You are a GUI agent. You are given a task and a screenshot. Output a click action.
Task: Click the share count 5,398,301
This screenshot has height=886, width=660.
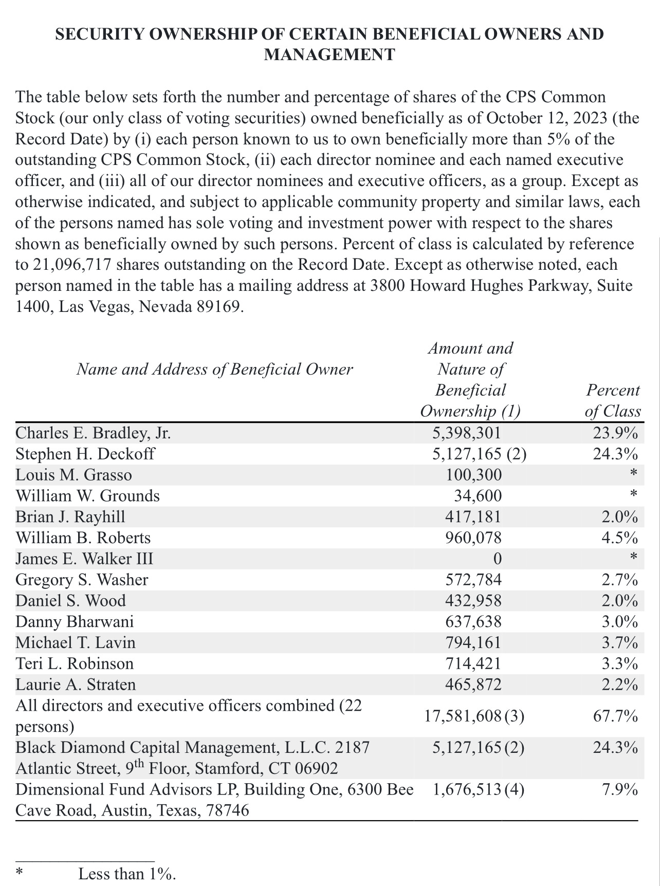(x=466, y=433)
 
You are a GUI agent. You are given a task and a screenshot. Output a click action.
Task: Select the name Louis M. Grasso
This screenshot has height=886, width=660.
(x=74, y=475)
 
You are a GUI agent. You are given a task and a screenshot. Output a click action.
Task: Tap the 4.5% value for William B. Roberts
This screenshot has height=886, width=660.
(x=620, y=538)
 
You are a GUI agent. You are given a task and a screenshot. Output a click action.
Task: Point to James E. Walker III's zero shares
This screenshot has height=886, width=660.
(x=497, y=559)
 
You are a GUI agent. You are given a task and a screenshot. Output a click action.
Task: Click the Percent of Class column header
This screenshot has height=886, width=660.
(x=613, y=400)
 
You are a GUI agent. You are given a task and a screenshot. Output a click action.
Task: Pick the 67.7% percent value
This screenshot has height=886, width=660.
(x=615, y=716)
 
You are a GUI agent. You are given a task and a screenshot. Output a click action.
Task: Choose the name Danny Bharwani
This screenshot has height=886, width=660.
(x=75, y=622)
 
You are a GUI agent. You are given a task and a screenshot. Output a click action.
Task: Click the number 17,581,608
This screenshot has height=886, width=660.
(x=462, y=716)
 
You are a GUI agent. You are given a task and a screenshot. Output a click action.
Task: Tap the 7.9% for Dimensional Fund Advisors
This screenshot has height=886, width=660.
(x=620, y=789)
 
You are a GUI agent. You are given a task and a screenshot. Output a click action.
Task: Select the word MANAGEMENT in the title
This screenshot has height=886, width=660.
(x=329, y=54)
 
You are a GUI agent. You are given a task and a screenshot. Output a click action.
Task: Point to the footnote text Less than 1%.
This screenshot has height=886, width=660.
(x=127, y=874)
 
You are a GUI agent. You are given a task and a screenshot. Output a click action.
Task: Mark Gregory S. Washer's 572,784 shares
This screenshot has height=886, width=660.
(x=473, y=580)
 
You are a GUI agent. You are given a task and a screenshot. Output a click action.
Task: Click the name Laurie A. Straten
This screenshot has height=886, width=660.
(x=76, y=685)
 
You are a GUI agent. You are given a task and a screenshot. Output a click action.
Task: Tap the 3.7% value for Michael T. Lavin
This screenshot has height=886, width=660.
(x=620, y=643)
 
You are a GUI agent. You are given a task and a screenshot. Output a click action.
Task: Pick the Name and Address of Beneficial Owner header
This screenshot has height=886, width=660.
(x=214, y=370)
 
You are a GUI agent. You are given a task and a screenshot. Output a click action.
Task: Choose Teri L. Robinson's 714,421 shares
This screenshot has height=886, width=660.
(x=473, y=664)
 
